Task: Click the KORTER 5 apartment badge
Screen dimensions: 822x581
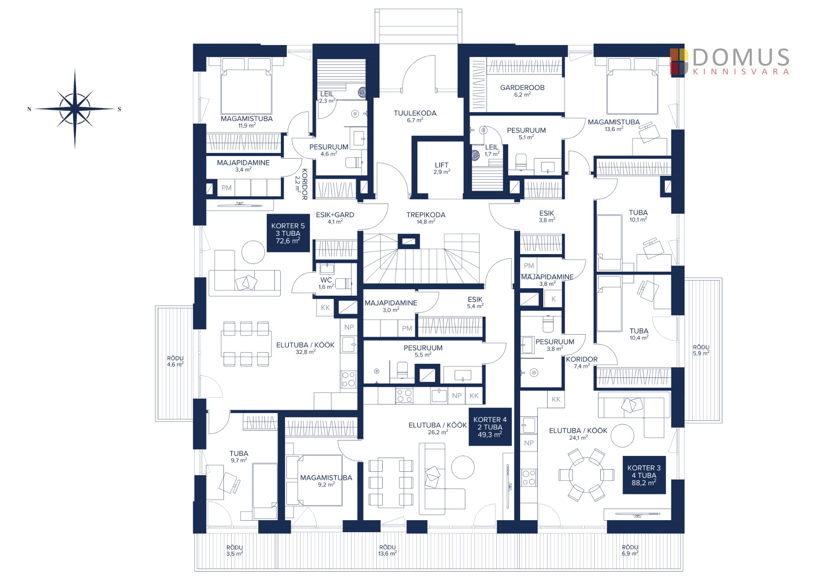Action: (288, 233)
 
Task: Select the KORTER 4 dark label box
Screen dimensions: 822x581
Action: (490, 427)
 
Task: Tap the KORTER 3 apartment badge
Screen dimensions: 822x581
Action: (644, 475)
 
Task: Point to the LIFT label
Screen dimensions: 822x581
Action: (442, 168)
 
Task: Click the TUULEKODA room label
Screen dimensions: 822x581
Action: (415, 117)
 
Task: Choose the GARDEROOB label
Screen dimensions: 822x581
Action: (522, 91)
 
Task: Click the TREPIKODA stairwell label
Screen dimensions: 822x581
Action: (426, 218)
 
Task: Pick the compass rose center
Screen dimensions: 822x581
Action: (75, 109)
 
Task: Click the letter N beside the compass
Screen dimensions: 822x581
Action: (29, 109)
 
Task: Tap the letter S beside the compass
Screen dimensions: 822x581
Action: (119, 109)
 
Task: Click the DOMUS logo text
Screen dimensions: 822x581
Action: (741, 57)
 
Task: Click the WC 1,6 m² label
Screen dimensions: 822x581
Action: (326, 283)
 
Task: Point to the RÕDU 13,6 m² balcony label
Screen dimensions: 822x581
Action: (387, 550)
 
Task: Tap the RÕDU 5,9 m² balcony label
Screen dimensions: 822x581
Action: (701, 350)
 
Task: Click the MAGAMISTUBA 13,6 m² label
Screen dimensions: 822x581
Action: (614, 125)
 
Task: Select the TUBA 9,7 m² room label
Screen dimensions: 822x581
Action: (239, 457)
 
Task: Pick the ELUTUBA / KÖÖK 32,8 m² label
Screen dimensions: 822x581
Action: (305, 348)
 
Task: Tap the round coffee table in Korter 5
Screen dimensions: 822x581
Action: (253, 252)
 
